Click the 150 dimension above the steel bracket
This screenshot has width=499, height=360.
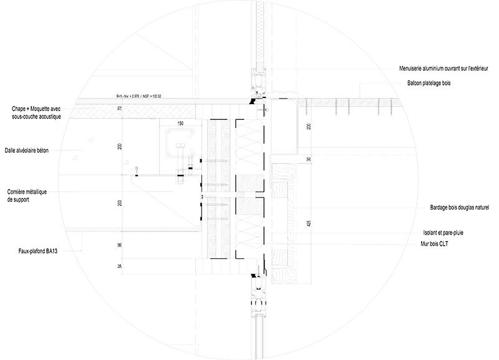pos(181,124)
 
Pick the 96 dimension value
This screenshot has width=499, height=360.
pos(120,246)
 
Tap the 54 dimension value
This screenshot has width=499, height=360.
pos(120,266)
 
